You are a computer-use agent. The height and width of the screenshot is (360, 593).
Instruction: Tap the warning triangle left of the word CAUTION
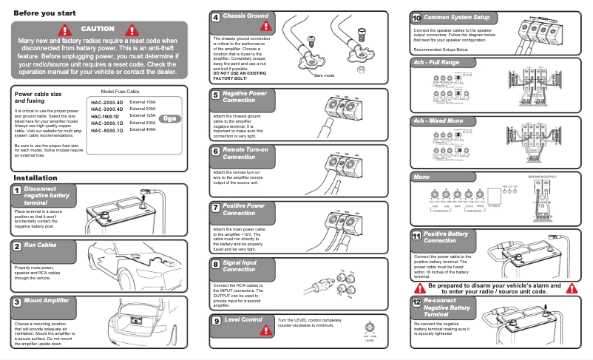click(x=67, y=30)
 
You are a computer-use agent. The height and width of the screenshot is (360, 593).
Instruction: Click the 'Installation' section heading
click(x=35, y=178)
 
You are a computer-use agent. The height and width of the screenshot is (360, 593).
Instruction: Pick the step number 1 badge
click(x=16, y=191)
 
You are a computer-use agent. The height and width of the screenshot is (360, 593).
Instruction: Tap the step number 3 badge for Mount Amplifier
click(x=16, y=302)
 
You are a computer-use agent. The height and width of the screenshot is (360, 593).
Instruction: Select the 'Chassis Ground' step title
click(x=245, y=16)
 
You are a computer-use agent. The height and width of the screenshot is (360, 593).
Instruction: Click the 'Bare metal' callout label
click(x=325, y=75)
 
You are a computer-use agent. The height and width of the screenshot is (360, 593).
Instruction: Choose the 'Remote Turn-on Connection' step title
click(x=244, y=153)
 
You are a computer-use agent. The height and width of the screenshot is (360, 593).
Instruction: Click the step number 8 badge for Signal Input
click(x=215, y=263)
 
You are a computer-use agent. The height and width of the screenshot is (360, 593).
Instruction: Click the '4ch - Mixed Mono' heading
click(x=438, y=120)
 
